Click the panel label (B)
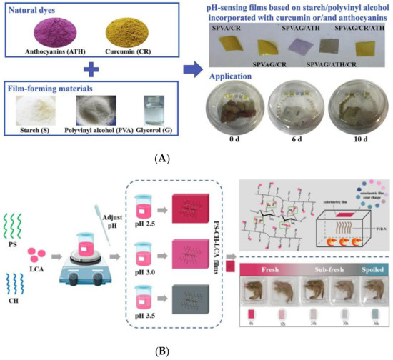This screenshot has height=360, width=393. tap(194, 351)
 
